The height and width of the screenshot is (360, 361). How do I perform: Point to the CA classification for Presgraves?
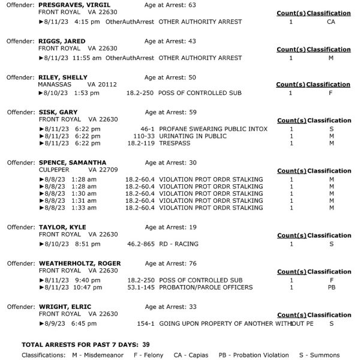tap(331, 22)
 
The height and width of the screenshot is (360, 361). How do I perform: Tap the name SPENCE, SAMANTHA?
tap(72, 163)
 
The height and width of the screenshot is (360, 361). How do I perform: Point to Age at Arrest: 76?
tap(171, 263)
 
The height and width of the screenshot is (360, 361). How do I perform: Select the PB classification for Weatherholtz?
tap(331, 287)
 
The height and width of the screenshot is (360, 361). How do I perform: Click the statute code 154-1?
tap(146, 323)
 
